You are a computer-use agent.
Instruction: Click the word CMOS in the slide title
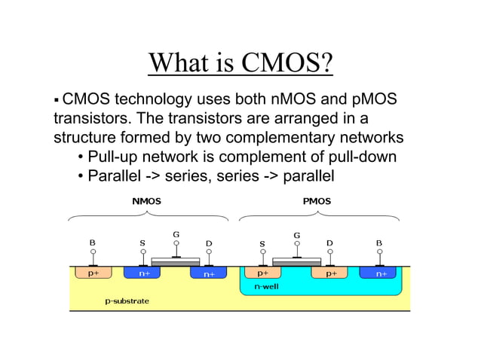287,63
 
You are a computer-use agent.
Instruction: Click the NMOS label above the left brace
146,201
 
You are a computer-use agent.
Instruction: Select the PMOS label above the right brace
317,201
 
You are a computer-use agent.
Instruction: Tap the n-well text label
266,287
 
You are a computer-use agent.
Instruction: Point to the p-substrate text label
127,301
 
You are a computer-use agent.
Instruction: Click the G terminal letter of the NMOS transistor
176,233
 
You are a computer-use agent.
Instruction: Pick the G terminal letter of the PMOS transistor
296,235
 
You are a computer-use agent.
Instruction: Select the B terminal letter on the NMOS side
93,243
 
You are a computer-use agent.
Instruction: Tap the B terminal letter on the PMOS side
378,243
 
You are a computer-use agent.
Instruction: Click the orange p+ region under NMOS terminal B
93,273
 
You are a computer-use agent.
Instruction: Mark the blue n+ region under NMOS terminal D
209,273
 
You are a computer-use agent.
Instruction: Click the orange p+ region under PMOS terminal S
263,273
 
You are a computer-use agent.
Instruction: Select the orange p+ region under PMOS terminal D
330,273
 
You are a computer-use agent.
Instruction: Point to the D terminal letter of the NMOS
209,243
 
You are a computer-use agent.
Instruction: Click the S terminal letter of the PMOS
262,243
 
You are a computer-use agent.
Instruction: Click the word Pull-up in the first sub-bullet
114,157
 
